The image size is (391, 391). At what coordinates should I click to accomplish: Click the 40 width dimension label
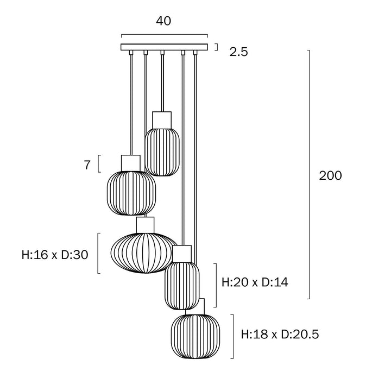coord(163,21)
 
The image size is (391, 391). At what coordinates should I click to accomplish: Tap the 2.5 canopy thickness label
coord(239,53)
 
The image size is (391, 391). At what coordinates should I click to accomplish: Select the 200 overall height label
coord(330,176)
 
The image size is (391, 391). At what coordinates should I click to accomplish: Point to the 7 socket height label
coord(87,165)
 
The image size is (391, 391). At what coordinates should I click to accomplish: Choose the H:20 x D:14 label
coord(255,282)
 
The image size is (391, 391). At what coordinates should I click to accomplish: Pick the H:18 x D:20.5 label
coord(280,334)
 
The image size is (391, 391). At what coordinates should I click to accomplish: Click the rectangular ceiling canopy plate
coord(164,47)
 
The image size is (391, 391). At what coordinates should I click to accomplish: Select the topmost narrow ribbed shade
coord(162,152)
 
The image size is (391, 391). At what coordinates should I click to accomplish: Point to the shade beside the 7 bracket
coord(130,193)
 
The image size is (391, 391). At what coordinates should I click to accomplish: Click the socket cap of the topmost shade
coord(162,119)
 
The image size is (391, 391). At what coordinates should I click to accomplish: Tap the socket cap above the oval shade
coord(146,224)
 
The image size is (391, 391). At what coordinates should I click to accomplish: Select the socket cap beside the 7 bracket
coord(130,162)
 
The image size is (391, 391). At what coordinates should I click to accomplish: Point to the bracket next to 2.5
coord(217,47)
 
